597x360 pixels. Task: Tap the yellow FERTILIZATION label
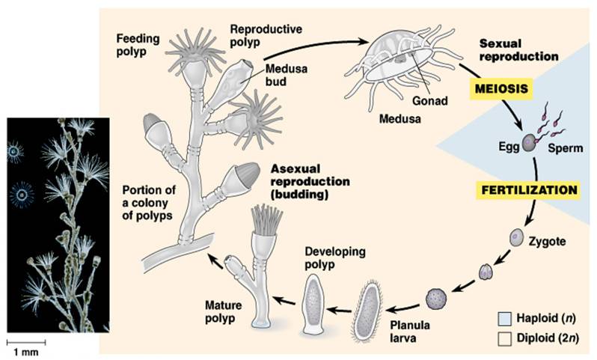pyautogui.click(x=530, y=190)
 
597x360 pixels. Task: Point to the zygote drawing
pyautogui.click(x=516, y=239)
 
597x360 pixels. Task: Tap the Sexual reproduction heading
pyautogui.click(x=518, y=49)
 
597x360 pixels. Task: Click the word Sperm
pyautogui.click(x=565, y=148)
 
